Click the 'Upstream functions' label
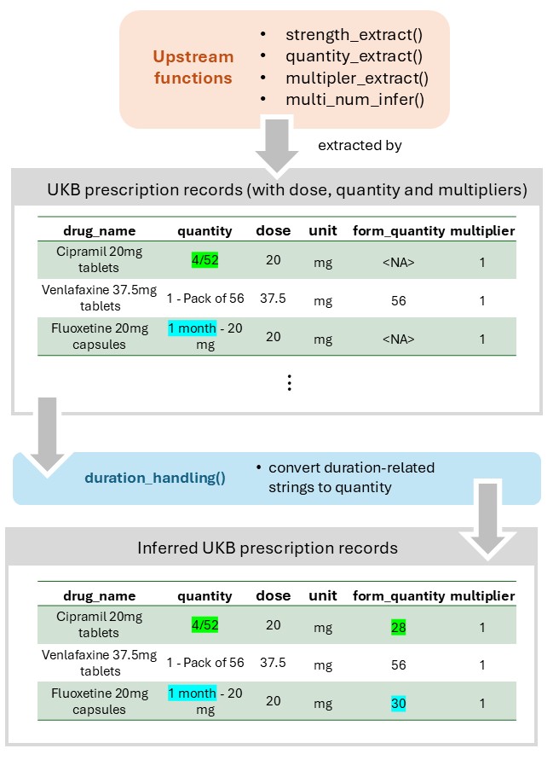point(193,67)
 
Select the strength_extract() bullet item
point(354,35)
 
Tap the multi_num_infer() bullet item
point(354,100)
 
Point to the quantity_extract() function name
point(354,56)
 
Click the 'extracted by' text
point(360,145)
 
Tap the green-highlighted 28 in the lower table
point(398,627)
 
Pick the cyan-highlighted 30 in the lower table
point(398,705)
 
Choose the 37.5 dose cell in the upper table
point(273,299)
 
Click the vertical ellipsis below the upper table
point(289,383)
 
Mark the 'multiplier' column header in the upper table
point(482,230)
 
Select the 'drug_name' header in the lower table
point(98,595)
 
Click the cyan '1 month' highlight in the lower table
point(192,693)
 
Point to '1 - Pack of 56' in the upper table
point(205,299)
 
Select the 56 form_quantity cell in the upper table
point(398,300)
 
